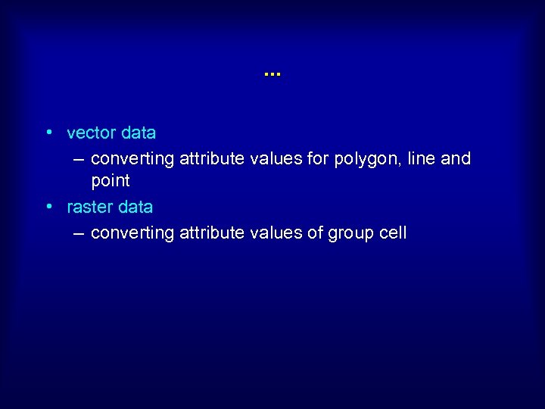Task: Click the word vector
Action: click(92, 133)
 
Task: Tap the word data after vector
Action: click(138, 133)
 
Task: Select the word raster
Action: click(90, 208)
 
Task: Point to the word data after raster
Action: click(135, 208)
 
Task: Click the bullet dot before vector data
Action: click(48, 133)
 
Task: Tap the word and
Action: click(456, 159)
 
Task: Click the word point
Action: click(111, 181)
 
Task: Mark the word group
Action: click(350, 233)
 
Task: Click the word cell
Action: click(393, 233)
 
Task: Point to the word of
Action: click(315, 233)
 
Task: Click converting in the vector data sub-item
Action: click(132, 159)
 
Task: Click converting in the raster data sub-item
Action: click(132, 233)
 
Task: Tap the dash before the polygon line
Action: click(79, 159)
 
